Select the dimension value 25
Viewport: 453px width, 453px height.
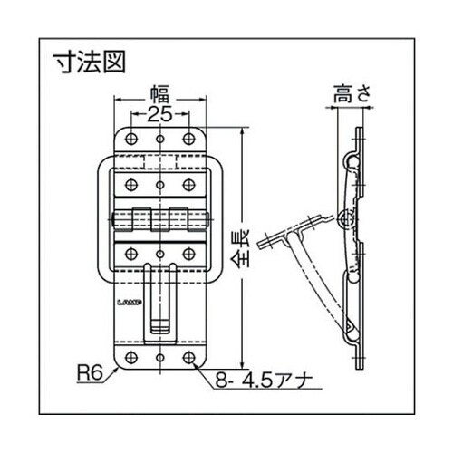tap(159, 116)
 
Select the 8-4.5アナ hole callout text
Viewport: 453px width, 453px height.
tap(263, 382)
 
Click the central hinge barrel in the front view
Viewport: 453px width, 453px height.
tap(159, 220)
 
